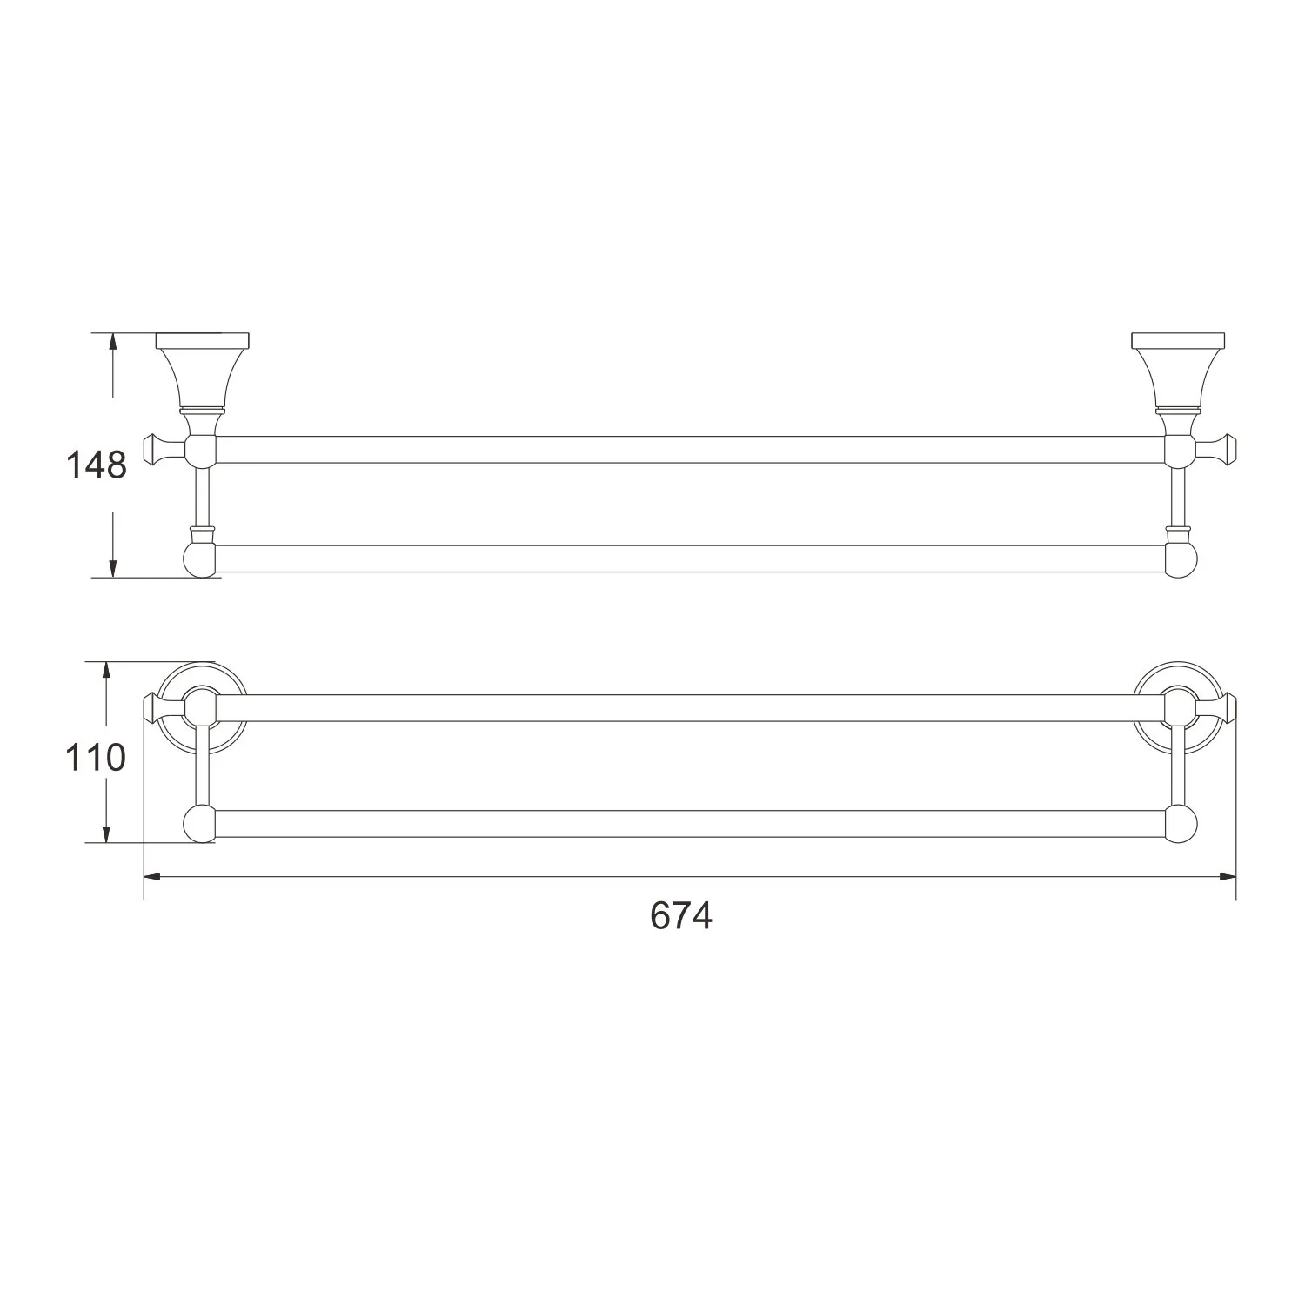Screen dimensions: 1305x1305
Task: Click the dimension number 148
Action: [x=97, y=465]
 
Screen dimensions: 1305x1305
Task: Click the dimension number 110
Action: [x=96, y=759]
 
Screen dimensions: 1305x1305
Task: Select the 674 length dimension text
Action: [x=680, y=916]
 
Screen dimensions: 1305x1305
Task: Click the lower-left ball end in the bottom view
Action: [x=199, y=824]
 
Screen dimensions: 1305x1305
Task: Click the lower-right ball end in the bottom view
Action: [x=1181, y=824]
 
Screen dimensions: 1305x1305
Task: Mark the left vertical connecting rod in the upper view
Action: [x=202, y=496]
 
